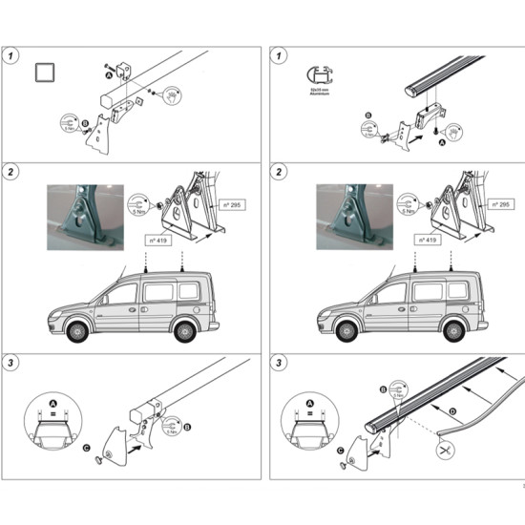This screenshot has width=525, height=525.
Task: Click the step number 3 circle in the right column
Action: click(x=279, y=364)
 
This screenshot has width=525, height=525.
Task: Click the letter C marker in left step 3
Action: click(x=87, y=447)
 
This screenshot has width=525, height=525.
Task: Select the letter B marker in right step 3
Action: click(x=383, y=389)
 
